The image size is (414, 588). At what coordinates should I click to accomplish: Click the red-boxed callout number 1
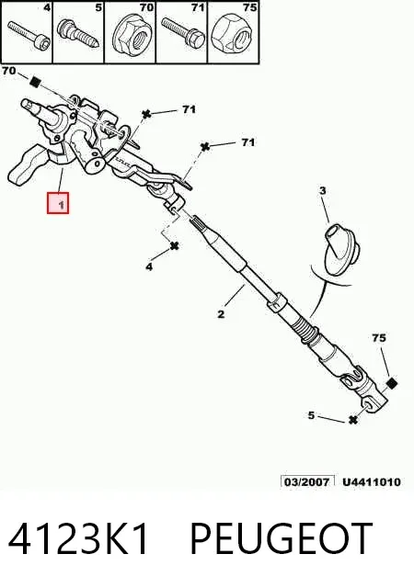62,205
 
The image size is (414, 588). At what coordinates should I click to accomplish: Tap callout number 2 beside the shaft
221,313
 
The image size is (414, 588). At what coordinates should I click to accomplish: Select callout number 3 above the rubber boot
323,190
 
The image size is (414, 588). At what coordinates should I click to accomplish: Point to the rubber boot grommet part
341,249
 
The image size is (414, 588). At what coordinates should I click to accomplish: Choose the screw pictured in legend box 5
78,34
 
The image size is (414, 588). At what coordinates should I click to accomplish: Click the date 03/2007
307,481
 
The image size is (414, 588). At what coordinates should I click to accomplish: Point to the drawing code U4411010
371,481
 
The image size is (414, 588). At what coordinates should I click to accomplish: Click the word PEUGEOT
281,538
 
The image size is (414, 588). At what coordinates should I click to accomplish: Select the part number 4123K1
78,538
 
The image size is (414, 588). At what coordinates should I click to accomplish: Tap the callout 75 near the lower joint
378,338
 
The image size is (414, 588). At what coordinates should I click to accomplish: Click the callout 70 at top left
9,70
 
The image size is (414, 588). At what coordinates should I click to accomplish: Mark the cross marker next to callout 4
174,246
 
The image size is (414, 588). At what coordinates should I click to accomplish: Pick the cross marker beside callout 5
352,420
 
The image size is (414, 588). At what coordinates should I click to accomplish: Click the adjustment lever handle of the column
27,166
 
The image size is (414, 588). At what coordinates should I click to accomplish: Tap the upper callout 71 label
189,109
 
